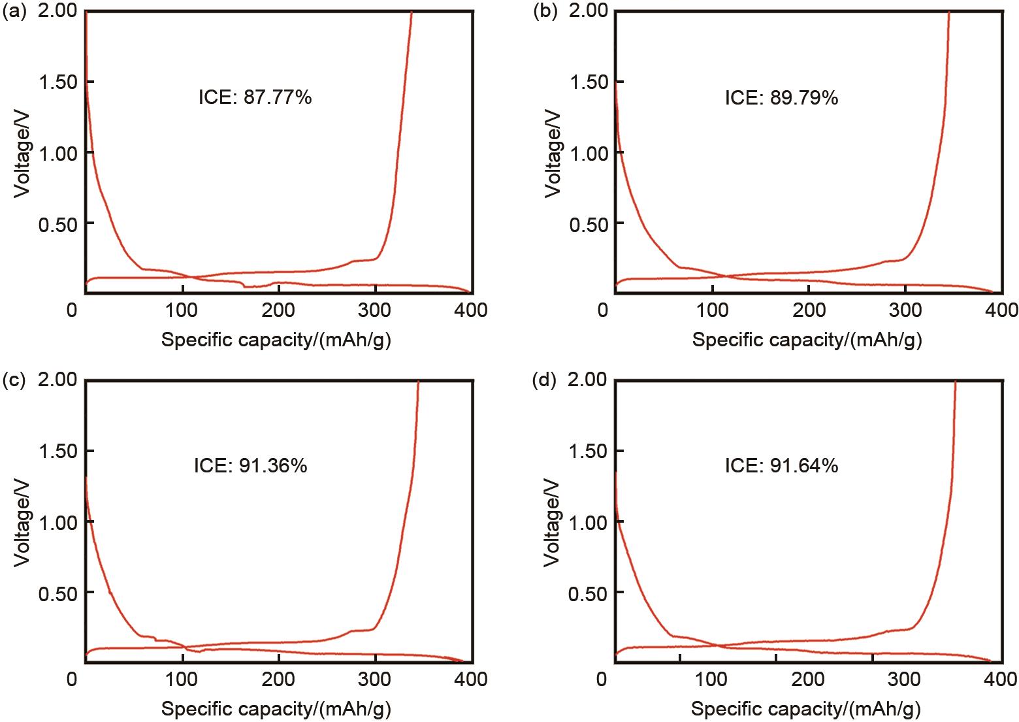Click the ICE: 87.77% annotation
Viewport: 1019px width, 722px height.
(255, 98)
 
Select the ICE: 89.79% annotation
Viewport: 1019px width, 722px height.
(781, 98)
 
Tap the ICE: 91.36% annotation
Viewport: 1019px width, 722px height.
(250, 466)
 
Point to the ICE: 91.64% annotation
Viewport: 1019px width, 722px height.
(781, 466)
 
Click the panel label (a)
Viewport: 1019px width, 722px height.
(14, 12)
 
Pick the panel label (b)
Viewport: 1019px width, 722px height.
(545, 12)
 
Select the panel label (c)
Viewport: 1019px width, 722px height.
(14, 381)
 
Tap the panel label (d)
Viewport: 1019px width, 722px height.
(545, 381)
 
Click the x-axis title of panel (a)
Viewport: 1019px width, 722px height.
(276, 340)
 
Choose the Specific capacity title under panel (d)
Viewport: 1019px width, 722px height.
(806, 709)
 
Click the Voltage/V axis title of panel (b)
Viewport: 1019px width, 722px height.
(553, 153)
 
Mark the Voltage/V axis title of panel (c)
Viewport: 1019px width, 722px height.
(23, 521)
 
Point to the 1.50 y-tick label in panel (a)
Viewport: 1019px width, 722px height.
(57, 82)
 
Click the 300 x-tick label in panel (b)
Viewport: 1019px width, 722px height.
(905, 310)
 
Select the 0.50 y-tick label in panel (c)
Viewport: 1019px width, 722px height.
(57, 593)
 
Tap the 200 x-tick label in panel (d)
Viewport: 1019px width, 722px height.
(808, 679)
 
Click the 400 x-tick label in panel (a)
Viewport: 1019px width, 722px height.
(472, 310)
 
